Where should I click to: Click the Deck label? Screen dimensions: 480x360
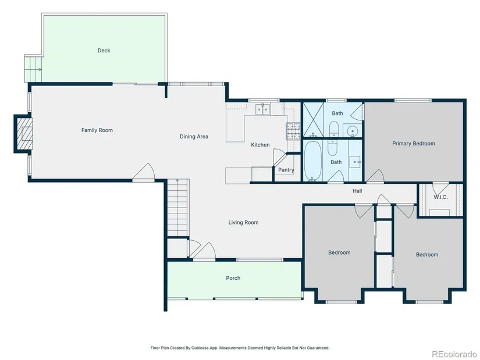(x=104, y=51)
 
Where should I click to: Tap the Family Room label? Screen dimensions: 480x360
(x=97, y=130)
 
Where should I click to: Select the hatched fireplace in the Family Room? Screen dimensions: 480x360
(x=24, y=133)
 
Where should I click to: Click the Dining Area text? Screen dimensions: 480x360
(x=194, y=137)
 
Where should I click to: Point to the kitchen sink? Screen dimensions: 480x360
(x=262, y=109)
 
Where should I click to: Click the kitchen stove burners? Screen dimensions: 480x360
(x=293, y=131)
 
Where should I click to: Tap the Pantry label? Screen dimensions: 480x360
(x=286, y=170)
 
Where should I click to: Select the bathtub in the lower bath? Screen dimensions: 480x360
(x=312, y=161)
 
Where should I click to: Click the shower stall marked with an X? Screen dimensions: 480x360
(x=313, y=120)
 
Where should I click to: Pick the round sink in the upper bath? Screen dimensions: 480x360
(x=353, y=131)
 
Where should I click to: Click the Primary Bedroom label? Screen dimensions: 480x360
(x=414, y=144)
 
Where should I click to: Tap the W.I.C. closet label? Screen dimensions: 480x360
(x=440, y=197)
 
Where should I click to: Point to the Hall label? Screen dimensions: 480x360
(x=357, y=191)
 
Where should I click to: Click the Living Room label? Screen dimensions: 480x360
(x=243, y=223)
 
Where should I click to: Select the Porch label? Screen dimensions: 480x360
(x=233, y=278)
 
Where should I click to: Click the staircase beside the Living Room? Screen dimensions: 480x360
(x=177, y=208)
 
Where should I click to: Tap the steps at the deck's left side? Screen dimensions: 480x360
(x=33, y=69)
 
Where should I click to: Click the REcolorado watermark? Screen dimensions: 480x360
(x=454, y=354)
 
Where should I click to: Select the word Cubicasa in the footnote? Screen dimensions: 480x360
(x=200, y=348)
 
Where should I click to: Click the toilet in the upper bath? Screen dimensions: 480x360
(x=333, y=129)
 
